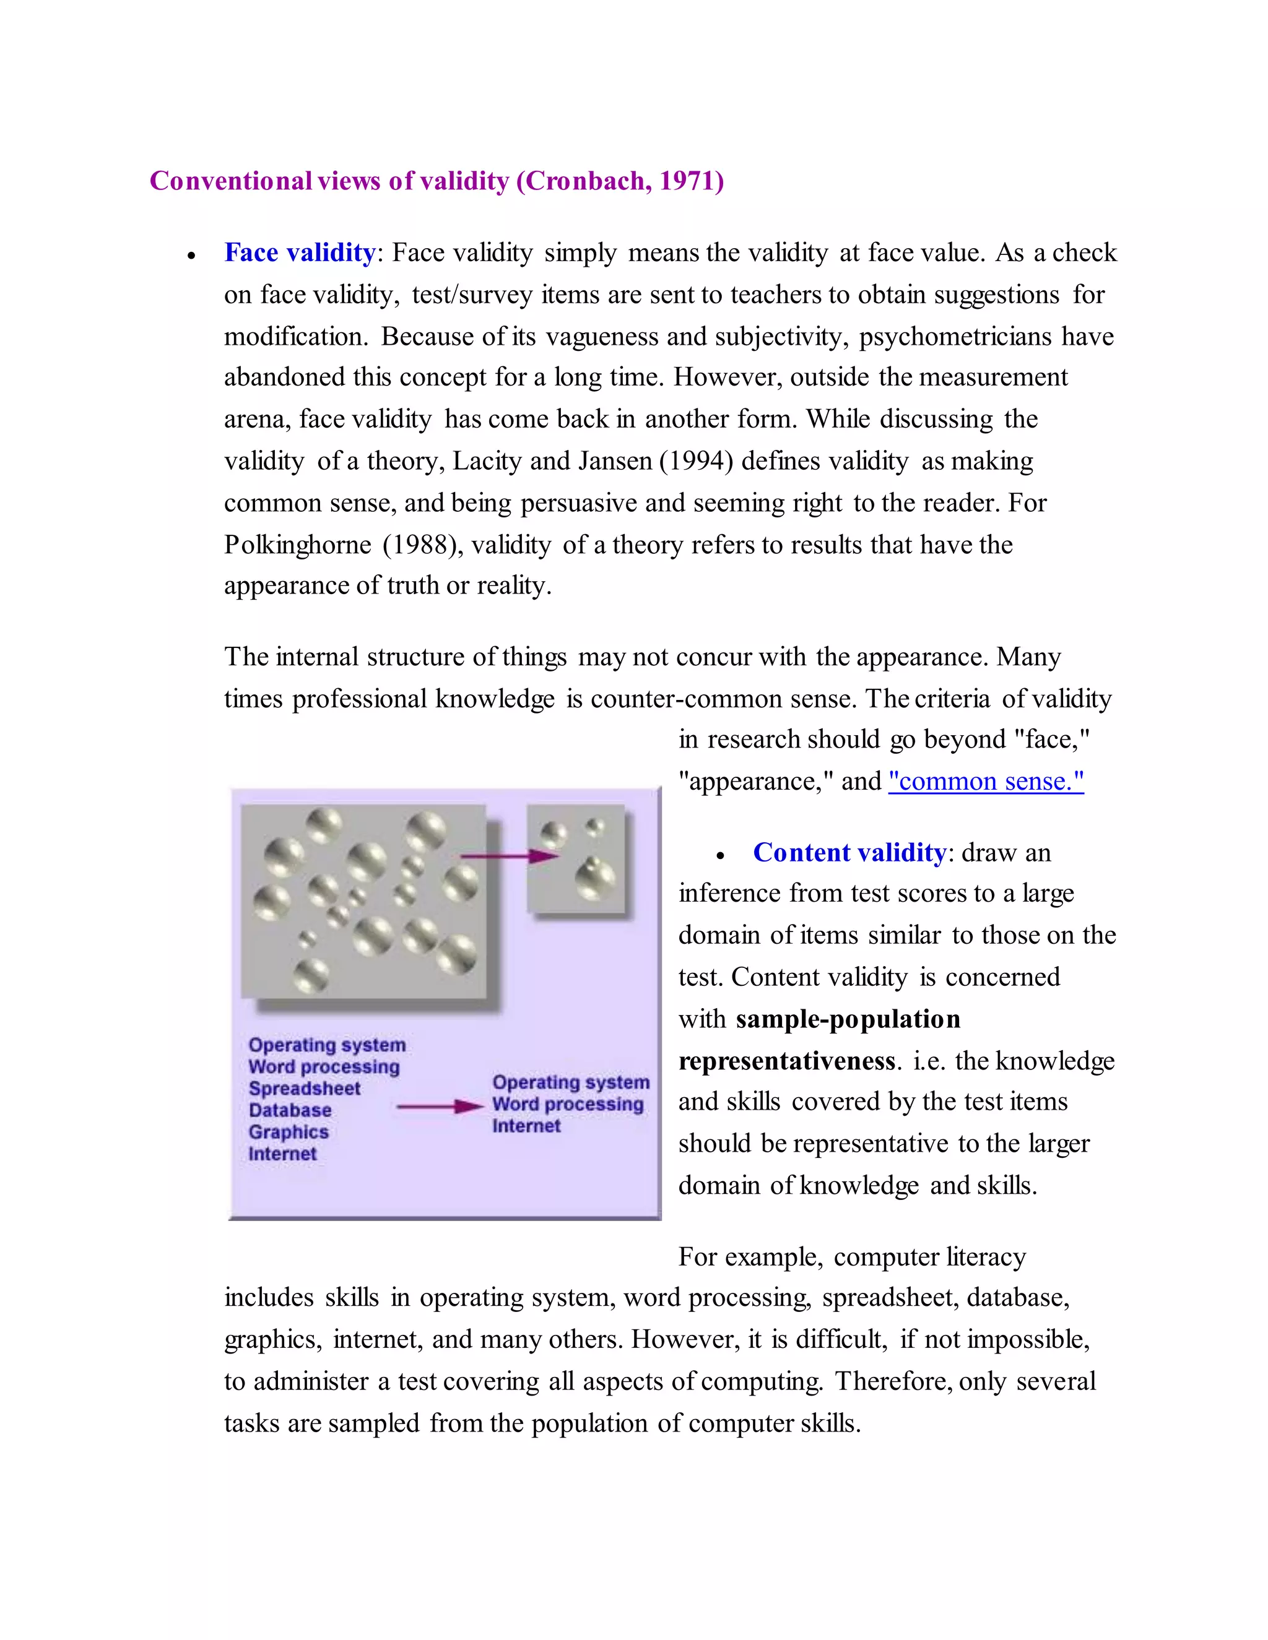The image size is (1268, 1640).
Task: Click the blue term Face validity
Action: tap(299, 253)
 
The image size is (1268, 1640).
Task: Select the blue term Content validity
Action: tap(849, 853)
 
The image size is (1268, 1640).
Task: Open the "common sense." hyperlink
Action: tap(986, 782)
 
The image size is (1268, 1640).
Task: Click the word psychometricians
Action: tap(955, 337)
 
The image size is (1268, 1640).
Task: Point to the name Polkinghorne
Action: tap(297, 545)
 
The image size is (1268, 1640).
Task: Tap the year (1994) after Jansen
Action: tap(695, 461)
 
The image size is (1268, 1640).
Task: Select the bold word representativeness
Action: tap(786, 1061)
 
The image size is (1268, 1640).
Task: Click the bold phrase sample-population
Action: tap(848, 1019)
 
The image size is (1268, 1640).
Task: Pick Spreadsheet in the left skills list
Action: tap(304, 1089)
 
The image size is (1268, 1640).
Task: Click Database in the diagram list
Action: tap(290, 1111)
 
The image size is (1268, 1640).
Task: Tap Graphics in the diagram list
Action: tap(289, 1133)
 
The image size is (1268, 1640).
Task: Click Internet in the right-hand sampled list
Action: tap(526, 1126)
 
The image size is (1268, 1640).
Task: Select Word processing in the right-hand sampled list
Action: tap(568, 1105)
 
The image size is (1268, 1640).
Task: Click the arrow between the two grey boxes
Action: tap(508, 855)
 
